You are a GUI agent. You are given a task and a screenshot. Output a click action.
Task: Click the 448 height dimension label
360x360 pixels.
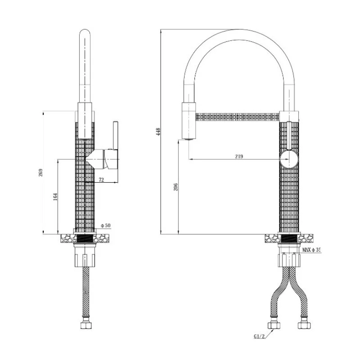158,132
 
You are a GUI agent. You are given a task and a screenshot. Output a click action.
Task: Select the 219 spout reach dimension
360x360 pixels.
238,157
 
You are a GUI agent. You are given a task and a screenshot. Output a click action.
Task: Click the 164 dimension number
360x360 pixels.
55,197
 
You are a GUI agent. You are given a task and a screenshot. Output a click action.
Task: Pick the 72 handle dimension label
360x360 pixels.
101,180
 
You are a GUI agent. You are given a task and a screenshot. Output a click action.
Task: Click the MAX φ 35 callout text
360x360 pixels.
311,250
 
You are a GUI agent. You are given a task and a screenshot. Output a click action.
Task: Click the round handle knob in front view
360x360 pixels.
288,159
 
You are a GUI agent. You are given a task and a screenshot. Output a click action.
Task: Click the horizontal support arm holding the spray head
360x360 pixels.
237,117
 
